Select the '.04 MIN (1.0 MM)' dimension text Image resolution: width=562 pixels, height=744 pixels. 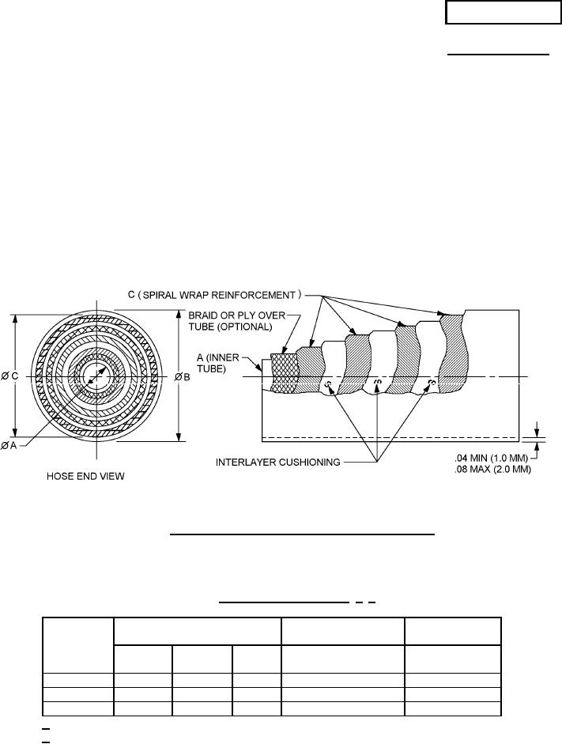click(491, 457)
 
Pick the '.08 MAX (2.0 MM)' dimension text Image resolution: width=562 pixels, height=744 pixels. click(491, 468)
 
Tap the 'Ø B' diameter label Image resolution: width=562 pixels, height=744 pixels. click(182, 377)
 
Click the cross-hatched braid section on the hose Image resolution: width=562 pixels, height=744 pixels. click(283, 372)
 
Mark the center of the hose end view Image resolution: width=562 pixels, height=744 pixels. click(97, 377)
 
